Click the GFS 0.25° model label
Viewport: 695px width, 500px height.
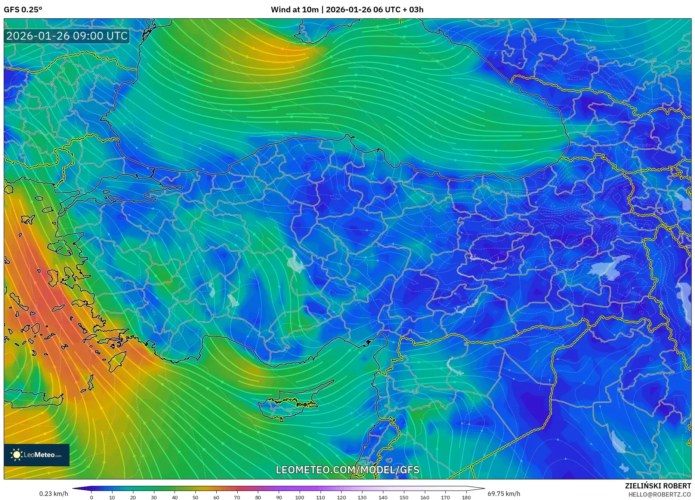click(x=23, y=10)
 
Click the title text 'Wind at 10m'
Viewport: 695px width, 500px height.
click(x=294, y=10)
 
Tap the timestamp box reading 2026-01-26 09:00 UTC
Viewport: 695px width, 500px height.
click(x=67, y=36)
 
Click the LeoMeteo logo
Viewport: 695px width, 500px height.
click(x=37, y=455)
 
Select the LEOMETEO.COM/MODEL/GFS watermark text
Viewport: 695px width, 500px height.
click(x=347, y=470)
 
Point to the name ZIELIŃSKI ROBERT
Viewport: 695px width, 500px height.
click(x=658, y=486)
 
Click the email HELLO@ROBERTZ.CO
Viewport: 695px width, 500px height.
click(x=659, y=494)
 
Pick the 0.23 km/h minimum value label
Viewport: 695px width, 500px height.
click(x=53, y=494)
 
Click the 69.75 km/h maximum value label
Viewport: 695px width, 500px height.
click(x=504, y=494)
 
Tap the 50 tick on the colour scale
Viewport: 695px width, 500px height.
click(x=195, y=497)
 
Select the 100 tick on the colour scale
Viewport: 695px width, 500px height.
click(x=300, y=497)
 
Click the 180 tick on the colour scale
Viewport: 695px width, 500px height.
click(x=466, y=497)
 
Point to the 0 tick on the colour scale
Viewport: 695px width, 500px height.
click(x=92, y=497)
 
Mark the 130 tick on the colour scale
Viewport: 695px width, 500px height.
click(x=362, y=497)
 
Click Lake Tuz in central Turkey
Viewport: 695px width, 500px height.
click(x=296, y=262)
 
